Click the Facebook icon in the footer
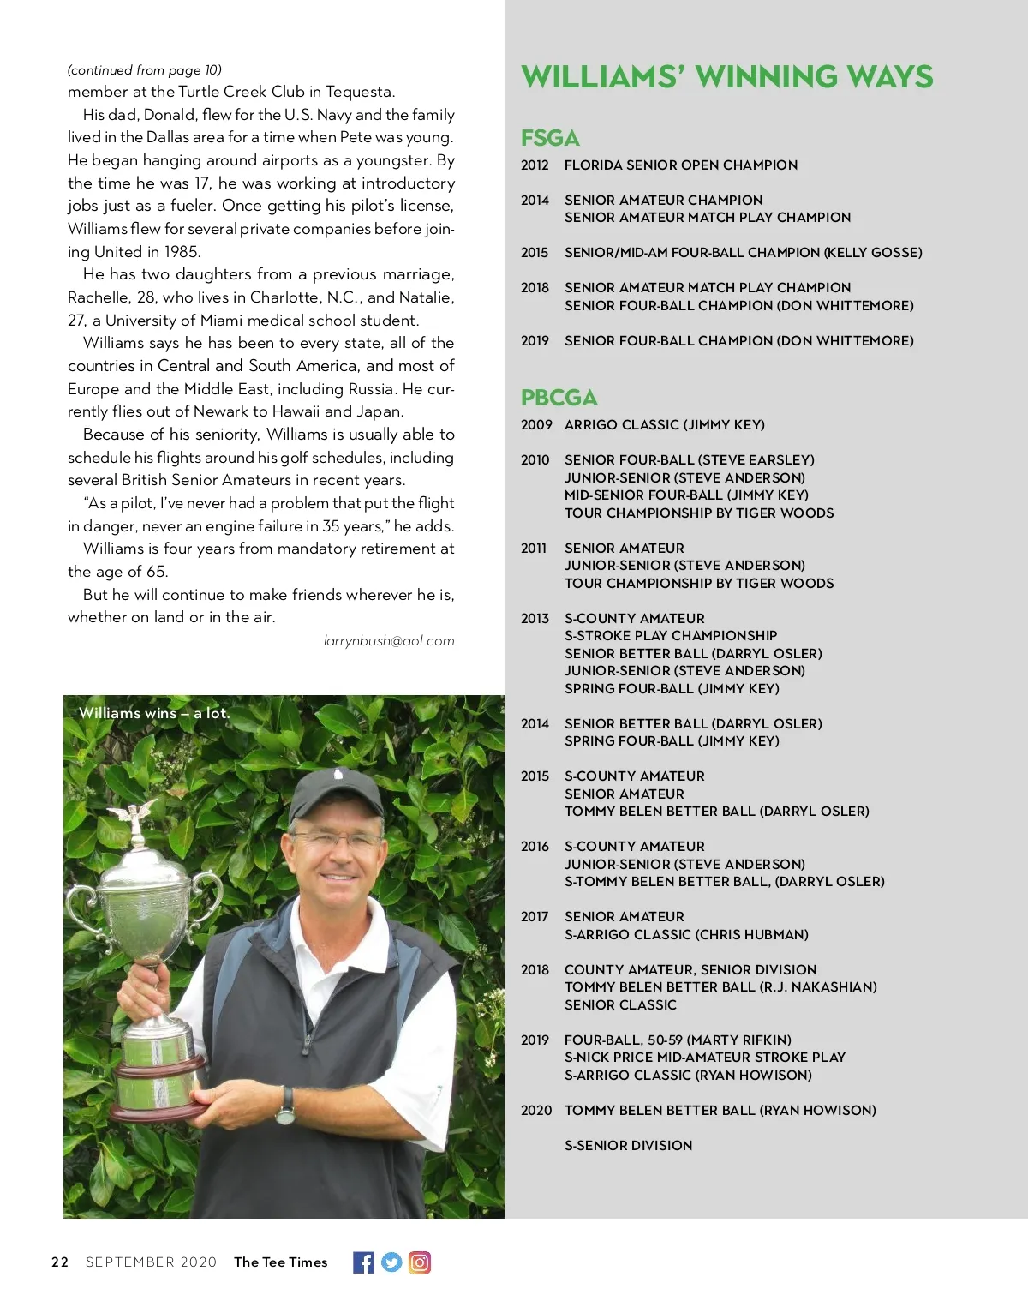click(363, 1262)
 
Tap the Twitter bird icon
click(391, 1262)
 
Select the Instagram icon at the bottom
click(420, 1262)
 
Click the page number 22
click(60, 1262)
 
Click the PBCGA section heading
click(559, 398)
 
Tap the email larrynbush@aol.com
click(389, 640)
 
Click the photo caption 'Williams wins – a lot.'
click(154, 713)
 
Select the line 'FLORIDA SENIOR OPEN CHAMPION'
click(680, 165)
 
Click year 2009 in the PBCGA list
click(536, 424)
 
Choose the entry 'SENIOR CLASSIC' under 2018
click(620, 1004)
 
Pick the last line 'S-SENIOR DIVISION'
click(628, 1145)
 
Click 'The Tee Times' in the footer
click(280, 1262)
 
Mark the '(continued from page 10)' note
click(144, 70)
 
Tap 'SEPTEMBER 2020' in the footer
click(151, 1262)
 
